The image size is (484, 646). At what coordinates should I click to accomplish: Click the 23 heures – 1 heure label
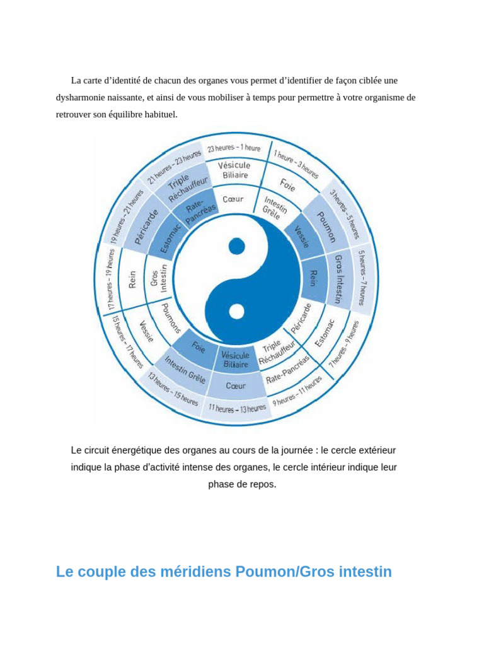(x=234, y=148)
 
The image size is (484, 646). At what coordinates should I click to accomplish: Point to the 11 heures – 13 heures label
(x=237, y=409)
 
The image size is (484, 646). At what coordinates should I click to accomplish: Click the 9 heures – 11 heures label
(x=297, y=391)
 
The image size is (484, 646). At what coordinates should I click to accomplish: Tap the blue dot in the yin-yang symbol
(x=236, y=246)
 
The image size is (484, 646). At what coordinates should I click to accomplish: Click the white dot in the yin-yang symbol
(x=236, y=311)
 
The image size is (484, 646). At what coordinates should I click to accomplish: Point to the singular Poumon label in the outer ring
(x=326, y=228)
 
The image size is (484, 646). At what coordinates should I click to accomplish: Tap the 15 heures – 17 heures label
(x=127, y=343)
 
